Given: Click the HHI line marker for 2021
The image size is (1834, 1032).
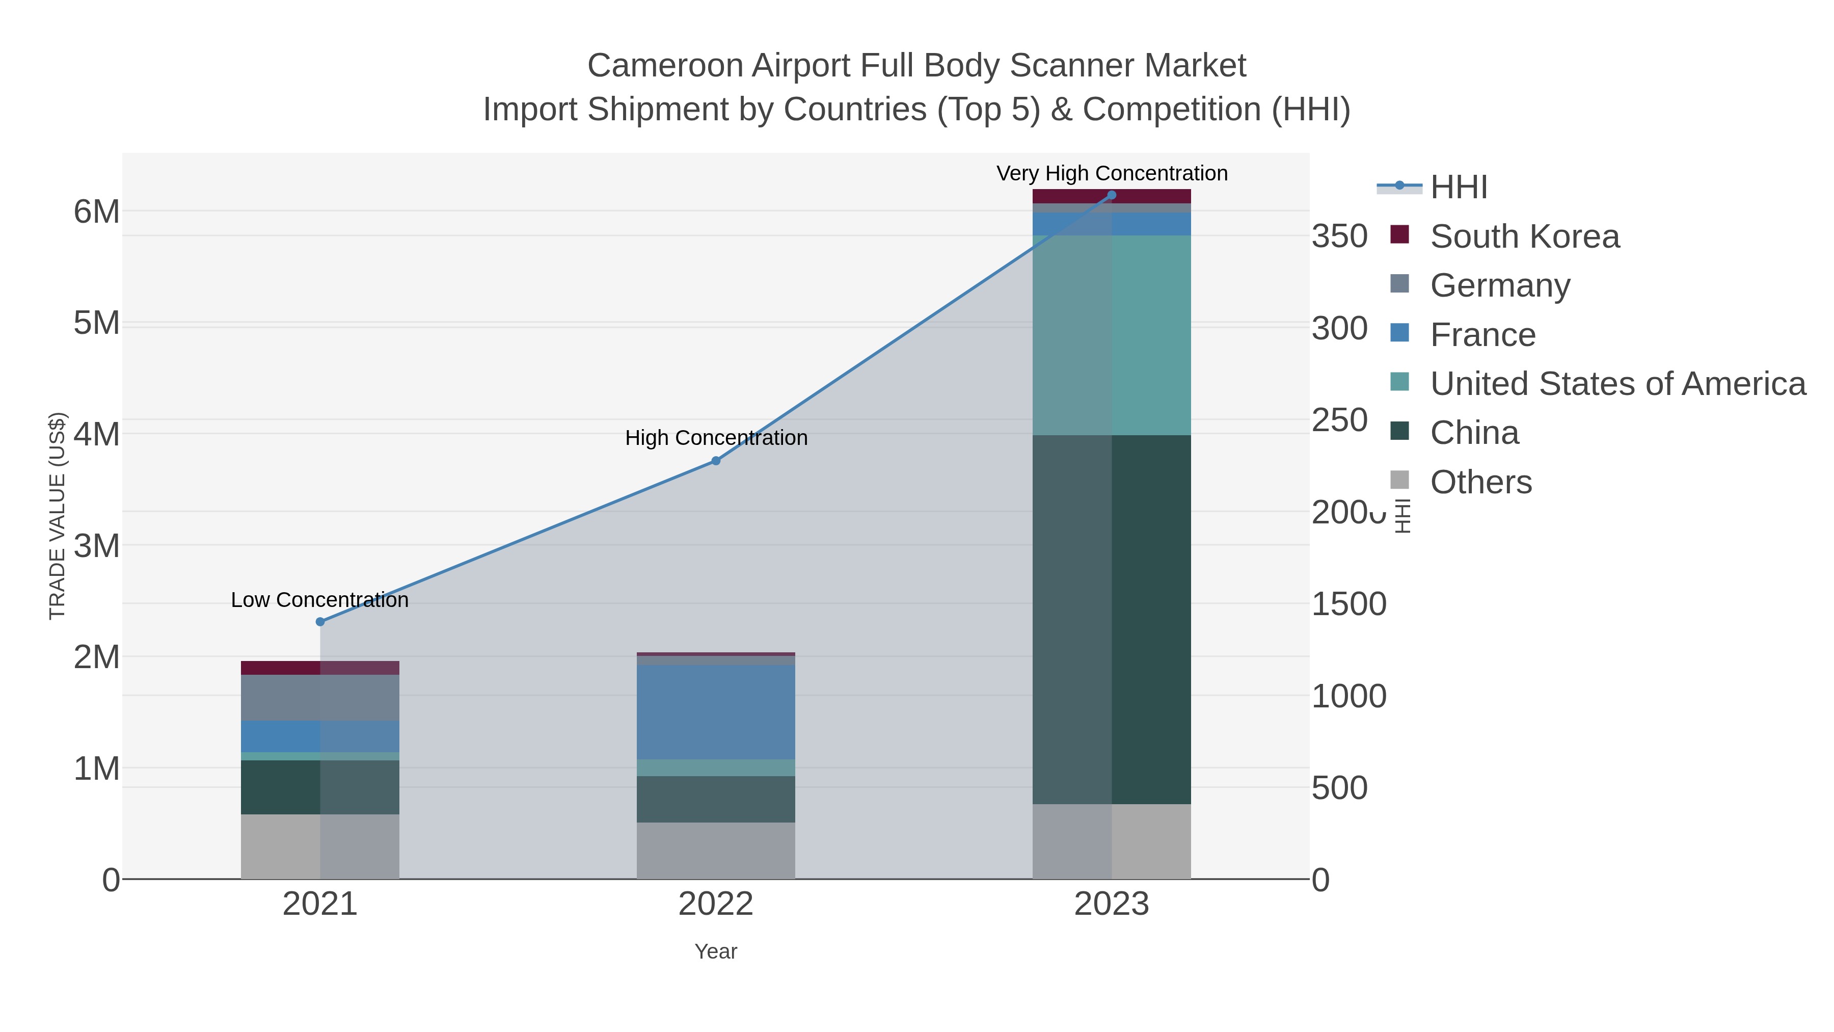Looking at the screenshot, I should click(x=320, y=622).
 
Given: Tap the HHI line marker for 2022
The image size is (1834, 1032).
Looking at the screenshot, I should click(x=716, y=461).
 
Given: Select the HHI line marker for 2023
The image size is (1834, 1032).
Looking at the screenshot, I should click(x=1112, y=195).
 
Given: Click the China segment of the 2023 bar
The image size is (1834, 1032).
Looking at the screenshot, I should click(x=1112, y=620).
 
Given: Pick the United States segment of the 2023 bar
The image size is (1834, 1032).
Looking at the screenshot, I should click(x=1112, y=335).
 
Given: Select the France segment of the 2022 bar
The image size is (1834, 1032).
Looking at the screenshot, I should click(x=716, y=712).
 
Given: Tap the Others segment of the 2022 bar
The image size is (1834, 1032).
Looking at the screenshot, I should click(x=716, y=851).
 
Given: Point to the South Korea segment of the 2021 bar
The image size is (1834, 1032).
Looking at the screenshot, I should click(x=320, y=668).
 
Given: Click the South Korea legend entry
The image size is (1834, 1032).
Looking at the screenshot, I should click(x=1524, y=236).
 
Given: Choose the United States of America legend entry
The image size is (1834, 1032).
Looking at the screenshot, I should click(x=1616, y=384).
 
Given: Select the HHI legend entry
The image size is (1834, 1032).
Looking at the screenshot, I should click(x=1458, y=188).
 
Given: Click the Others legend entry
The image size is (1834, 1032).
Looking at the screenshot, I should click(x=1481, y=482).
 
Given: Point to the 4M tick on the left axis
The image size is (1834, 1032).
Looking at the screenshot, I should click(x=97, y=434).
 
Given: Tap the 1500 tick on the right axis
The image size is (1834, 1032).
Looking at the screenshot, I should click(x=1348, y=604).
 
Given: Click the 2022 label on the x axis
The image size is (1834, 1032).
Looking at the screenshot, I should click(x=716, y=905).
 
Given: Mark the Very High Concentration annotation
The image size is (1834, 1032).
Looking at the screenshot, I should click(x=1112, y=173).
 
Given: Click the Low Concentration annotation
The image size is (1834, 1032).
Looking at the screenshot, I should click(x=320, y=600).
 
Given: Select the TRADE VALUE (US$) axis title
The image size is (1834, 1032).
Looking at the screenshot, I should click(x=57, y=516).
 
